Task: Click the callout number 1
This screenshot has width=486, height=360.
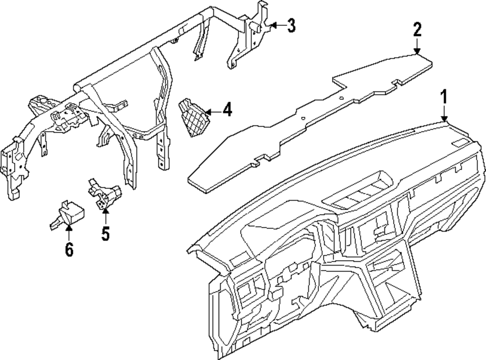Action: (444, 97)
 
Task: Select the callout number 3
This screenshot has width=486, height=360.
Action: (291, 25)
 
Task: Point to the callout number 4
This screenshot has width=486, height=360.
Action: (226, 110)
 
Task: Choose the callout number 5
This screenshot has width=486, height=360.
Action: (105, 234)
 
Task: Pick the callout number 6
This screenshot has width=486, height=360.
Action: (69, 250)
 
